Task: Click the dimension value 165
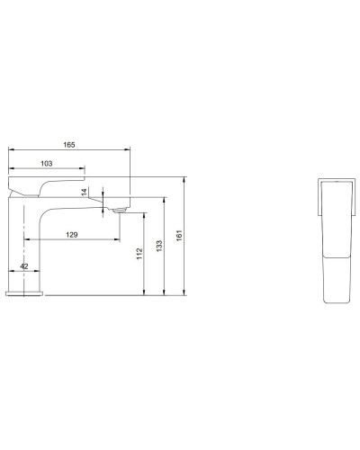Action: click(68, 144)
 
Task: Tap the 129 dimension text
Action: click(71, 234)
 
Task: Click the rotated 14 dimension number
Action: click(85, 192)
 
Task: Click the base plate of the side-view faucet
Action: click(26, 293)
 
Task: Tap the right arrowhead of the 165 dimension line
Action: click(129, 150)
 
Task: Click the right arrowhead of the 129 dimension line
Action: click(117, 240)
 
